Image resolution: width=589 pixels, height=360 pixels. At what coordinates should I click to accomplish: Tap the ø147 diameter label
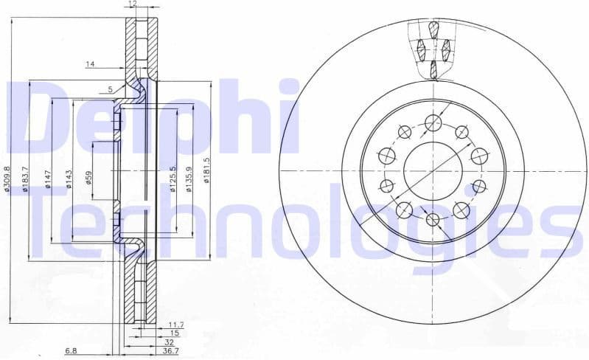pyautogui.click(x=48, y=179)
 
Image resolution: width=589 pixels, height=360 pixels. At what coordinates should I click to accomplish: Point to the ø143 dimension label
pyautogui.click(x=69, y=179)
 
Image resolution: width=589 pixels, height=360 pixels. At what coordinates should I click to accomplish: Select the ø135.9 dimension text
pyautogui.click(x=189, y=178)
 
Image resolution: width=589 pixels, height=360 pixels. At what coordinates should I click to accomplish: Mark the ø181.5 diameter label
pyautogui.click(x=208, y=170)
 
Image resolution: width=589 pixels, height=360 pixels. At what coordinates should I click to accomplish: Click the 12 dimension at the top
pyautogui.click(x=133, y=4)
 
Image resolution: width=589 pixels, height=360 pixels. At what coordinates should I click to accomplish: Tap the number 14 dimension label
pyautogui.click(x=90, y=65)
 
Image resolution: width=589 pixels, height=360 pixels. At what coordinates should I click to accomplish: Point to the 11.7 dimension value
pyautogui.click(x=175, y=325)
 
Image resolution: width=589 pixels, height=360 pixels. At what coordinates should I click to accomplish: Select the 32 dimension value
pyautogui.click(x=170, y=343)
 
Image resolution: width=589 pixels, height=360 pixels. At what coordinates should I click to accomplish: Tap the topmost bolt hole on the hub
pyautogui.click(x=433, y=122)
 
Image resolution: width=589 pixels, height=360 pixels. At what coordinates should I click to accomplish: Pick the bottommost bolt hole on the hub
pyautogui.click(x=433, y=219)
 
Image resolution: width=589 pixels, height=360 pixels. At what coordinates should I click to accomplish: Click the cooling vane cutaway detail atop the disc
pyautogui.click(x=433, y=49)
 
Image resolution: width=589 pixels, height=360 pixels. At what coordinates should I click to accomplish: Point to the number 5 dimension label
pyautogui.click(x=110, y=89)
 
